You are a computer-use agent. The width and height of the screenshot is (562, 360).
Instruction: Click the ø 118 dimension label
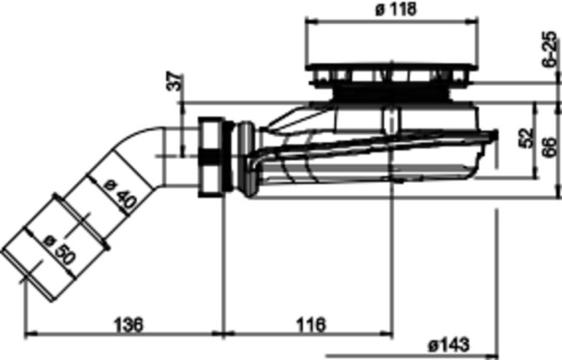tap(396, 9)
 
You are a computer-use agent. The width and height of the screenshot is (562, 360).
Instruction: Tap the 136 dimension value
tap(128, 325)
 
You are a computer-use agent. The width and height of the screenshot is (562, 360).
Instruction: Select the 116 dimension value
tap(311, 325)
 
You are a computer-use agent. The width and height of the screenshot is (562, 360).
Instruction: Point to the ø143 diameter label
tap(448, 345)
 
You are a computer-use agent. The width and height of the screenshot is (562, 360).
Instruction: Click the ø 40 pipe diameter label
tap(121, 196)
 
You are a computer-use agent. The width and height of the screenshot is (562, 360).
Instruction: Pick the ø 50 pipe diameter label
tap(59, 250)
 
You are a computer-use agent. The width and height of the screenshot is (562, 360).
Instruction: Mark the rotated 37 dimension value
tap(175, 82)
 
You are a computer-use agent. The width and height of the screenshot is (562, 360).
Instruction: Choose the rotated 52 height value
tap(526, 137)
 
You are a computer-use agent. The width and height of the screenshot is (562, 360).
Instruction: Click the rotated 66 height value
tap(549, 146)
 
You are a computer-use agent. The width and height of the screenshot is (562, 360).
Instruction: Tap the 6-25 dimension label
tap(549, 49)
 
